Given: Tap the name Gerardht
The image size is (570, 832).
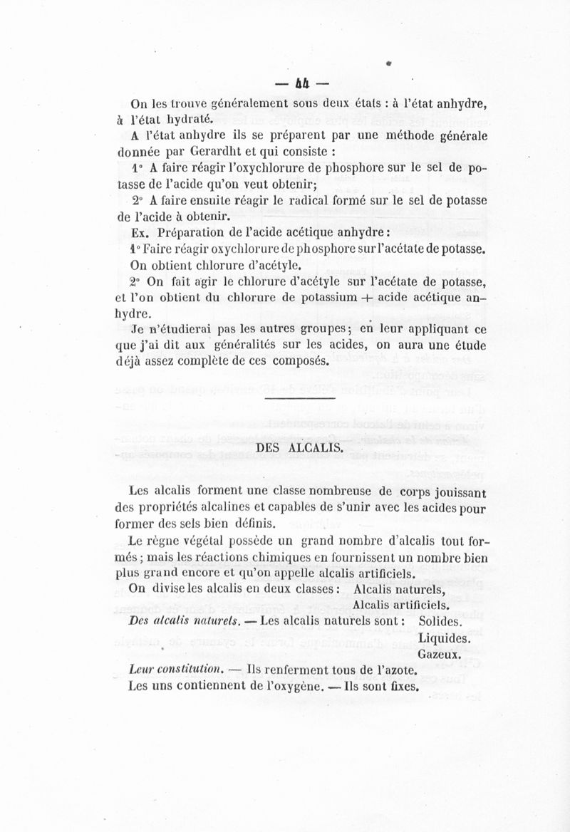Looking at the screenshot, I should click(x=217, y=152).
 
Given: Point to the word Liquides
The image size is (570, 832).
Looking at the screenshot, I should click(x=444, y=638).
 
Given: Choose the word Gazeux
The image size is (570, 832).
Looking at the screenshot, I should click(x=440, y=654).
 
